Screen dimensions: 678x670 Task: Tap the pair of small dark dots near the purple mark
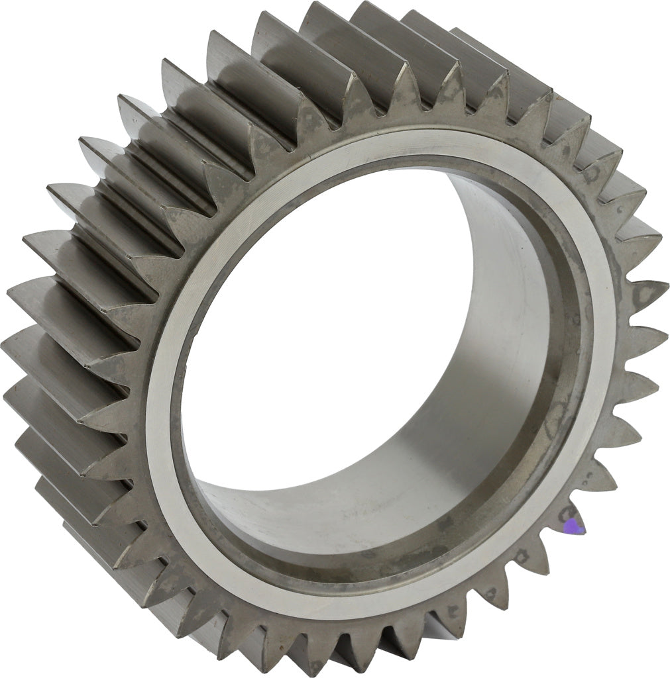[x=564, y=514]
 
